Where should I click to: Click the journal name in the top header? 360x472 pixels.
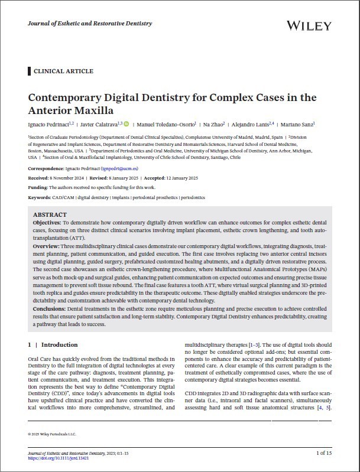pyautogui.click(x=90, y=24)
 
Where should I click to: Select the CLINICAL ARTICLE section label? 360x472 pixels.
pyautogui.click(x=64, y=71)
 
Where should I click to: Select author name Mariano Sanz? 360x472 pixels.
pyautogui.click(x=299, y=125)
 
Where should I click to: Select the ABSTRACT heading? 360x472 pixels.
pyautogui.click(x=50, y=214)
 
